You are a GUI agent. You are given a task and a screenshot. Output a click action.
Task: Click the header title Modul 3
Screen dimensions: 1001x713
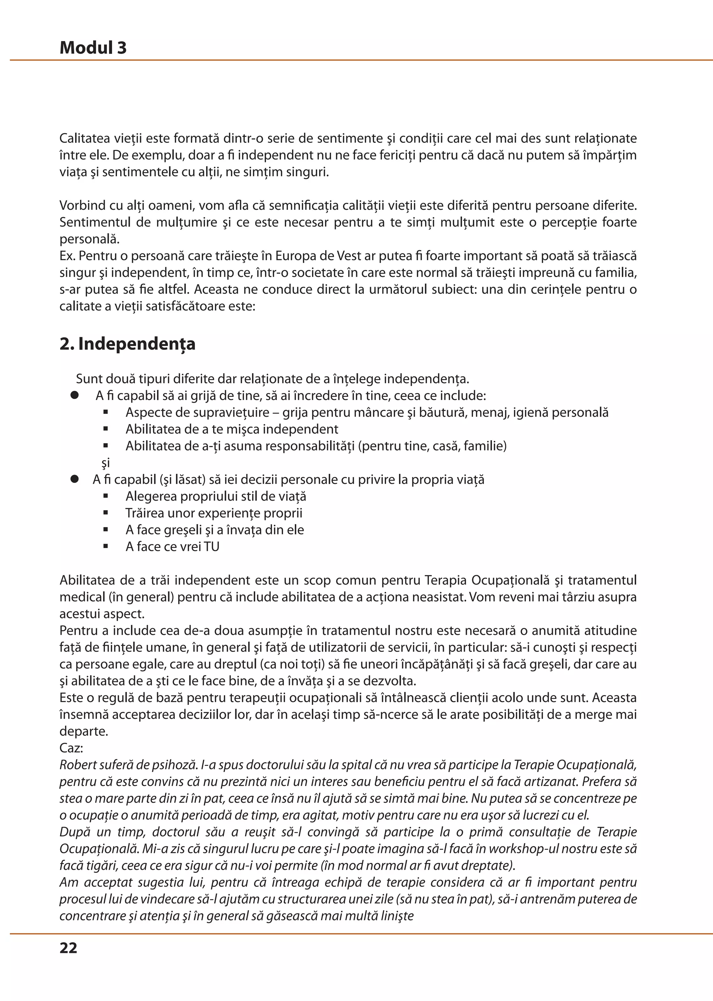pyautogui.click(x=93, y=48)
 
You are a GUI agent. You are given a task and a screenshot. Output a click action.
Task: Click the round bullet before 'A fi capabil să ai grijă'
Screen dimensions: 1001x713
pyautogui.click(x=75, y=395)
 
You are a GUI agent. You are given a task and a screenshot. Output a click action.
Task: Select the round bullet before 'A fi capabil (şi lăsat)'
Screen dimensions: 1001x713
pyautogui.click(x=75, y=479)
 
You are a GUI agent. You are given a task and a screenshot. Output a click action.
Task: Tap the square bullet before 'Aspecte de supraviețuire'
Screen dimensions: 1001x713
pyautogui.click(x=105, y=412)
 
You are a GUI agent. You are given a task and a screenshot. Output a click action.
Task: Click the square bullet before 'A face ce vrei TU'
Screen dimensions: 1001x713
pyautogui.click(x=105, y=547)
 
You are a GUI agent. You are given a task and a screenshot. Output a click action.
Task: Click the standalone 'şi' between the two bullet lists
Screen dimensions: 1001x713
pyautogui.click(x=105, y=463)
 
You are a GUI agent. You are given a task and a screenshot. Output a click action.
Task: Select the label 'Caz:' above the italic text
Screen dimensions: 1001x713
pyautogui.click(x=71, y=748)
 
